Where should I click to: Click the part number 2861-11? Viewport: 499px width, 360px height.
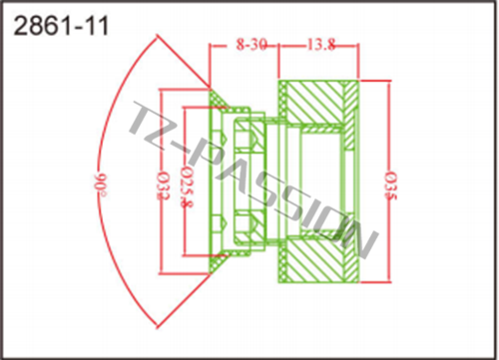tap(61, 26)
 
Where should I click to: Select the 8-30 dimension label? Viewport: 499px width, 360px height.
tap(251, 44)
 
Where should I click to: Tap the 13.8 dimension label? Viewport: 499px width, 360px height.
tap(320, 44)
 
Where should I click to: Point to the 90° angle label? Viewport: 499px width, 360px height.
tap(100, 184)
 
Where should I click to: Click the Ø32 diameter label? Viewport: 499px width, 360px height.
tap(163, 185)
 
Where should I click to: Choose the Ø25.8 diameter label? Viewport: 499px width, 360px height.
tap(187, 187)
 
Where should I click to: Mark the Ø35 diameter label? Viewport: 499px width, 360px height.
tap(390, 185)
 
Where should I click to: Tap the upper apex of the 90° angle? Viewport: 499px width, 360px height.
tap(157, 35)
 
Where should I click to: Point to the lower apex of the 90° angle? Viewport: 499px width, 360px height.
tap(157, 327)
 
